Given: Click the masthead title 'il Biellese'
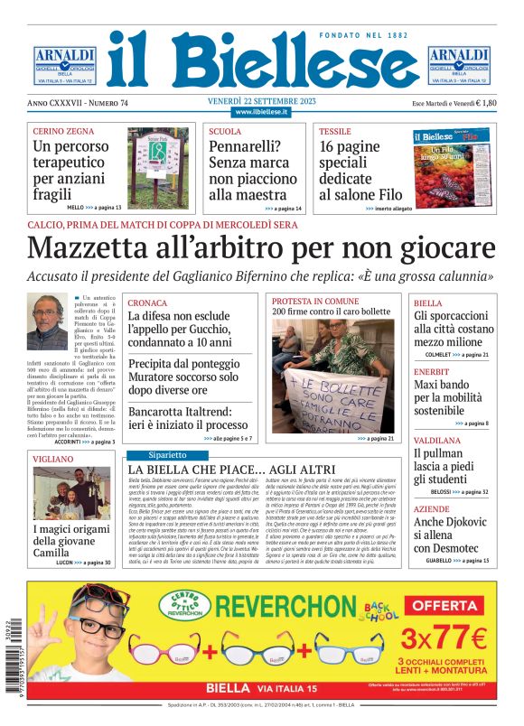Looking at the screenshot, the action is [x=262, y=60].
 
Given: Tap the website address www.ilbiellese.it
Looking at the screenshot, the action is [x=261, y=112].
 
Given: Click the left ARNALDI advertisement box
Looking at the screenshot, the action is [x=65, y=65].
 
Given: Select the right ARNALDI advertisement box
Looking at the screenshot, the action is [x=458, y=65].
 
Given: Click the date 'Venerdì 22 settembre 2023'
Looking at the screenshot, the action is [x=261, y=100].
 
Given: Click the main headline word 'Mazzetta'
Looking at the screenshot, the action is [x=100, y=248].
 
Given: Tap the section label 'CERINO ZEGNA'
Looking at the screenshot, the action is [x=59, y=132].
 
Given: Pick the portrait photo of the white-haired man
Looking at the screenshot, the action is [x=47, y=321].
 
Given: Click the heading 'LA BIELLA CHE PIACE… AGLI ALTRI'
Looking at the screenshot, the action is [x=233, y=470].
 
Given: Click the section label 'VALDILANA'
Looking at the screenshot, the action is [x=437, y=441].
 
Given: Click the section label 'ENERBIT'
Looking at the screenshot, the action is [x=433, y=370].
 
